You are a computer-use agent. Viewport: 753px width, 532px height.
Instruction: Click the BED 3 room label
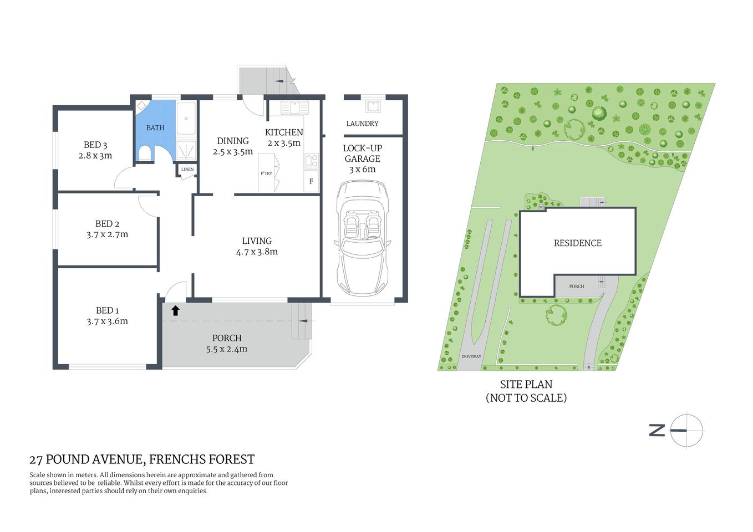[95, 145]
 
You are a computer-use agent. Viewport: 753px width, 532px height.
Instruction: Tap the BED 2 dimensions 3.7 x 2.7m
[107, 234]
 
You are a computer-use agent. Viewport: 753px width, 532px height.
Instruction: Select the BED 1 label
[107, 310]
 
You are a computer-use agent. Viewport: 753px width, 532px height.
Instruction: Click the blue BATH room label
[155, 128]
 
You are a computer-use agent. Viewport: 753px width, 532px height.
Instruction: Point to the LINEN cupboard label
[187, 169]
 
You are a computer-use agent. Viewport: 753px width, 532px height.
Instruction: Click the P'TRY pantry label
[267, 173]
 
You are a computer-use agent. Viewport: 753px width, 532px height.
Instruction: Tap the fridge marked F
[311, 181]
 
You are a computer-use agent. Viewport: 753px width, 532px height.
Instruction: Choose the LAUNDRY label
[362, 124]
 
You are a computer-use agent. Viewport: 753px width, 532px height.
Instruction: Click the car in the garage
[363, 238]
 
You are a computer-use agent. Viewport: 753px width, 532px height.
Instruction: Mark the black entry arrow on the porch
[175, 310]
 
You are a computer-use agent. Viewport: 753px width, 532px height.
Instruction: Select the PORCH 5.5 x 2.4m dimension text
[226, 349]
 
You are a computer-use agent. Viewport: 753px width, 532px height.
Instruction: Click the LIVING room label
[257, 241]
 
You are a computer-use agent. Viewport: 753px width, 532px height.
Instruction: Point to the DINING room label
[233, 141]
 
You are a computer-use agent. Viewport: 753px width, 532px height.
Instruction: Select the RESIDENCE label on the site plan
[577, 243]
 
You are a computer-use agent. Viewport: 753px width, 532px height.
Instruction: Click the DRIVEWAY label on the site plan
[471, 356]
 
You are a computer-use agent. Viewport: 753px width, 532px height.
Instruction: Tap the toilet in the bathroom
[145, 154]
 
